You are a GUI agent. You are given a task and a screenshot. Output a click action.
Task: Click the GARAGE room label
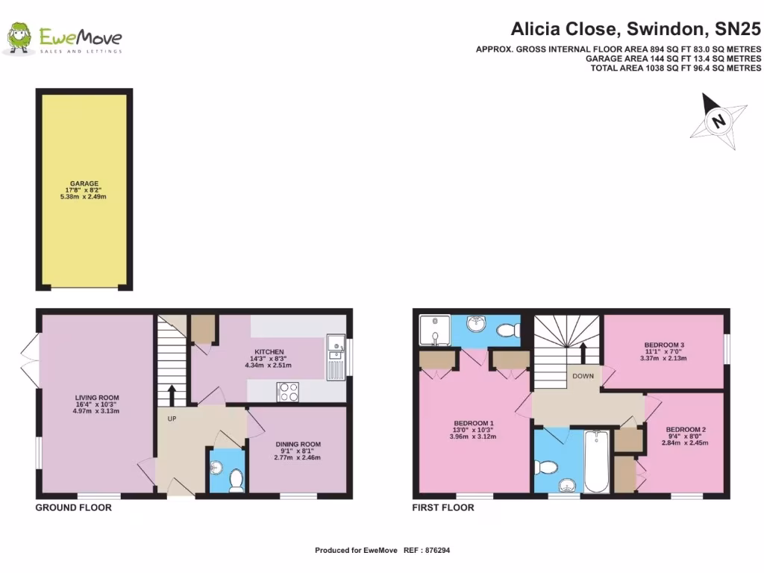84,184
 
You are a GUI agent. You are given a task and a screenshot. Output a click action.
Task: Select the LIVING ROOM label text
97,398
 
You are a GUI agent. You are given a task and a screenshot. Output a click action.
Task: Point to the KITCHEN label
269,351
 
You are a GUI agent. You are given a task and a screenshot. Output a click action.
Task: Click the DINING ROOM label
298,443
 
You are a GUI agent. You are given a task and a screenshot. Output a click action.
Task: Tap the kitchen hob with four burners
288,392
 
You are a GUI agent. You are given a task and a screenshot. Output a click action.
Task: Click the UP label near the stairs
172,419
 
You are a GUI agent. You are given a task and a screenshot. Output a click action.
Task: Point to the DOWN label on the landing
583,376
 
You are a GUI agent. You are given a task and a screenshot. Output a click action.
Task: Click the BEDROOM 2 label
686,430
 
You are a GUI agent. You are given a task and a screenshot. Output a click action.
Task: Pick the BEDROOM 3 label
663,345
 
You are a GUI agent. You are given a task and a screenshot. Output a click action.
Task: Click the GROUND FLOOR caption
74,508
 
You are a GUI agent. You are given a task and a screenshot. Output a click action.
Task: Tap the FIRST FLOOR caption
443,508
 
